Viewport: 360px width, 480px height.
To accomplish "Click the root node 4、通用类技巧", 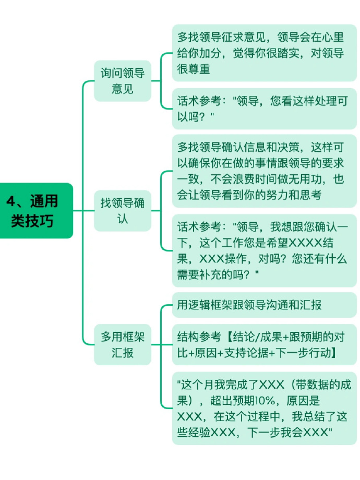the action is click(37, 211).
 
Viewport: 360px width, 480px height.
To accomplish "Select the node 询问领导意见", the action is click(123, 81).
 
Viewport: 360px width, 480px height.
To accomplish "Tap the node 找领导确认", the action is click(123, 211).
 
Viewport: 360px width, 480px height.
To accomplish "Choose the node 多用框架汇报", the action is click(123, 345).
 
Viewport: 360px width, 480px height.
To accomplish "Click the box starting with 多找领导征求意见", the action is click(265, 53).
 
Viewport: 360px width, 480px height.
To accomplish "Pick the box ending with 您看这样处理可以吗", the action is click(265, 109).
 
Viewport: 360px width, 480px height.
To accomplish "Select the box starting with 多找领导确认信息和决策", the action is click(265, 171).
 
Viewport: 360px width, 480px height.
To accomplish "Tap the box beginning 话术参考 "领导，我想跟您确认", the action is click(265, 250).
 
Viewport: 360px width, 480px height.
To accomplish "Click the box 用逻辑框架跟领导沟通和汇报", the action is click(265, 305).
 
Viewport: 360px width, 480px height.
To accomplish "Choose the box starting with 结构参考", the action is click(265, 345).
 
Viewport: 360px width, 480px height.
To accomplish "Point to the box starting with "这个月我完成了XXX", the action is click(265, 409).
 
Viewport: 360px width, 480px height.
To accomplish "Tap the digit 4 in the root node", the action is click(10, 201).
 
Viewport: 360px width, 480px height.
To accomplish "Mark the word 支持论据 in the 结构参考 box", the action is click(247, 353).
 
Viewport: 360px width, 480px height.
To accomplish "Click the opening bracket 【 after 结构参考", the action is click(228, 337).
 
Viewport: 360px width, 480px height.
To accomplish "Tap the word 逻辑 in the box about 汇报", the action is click(199, 305).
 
